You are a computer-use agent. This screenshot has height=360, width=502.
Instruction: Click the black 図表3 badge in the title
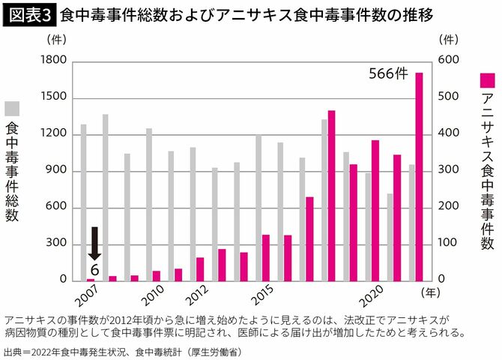pyautogui.click(x=30, y=13)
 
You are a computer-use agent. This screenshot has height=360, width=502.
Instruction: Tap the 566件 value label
pyautogui.click(x=389, y=73)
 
